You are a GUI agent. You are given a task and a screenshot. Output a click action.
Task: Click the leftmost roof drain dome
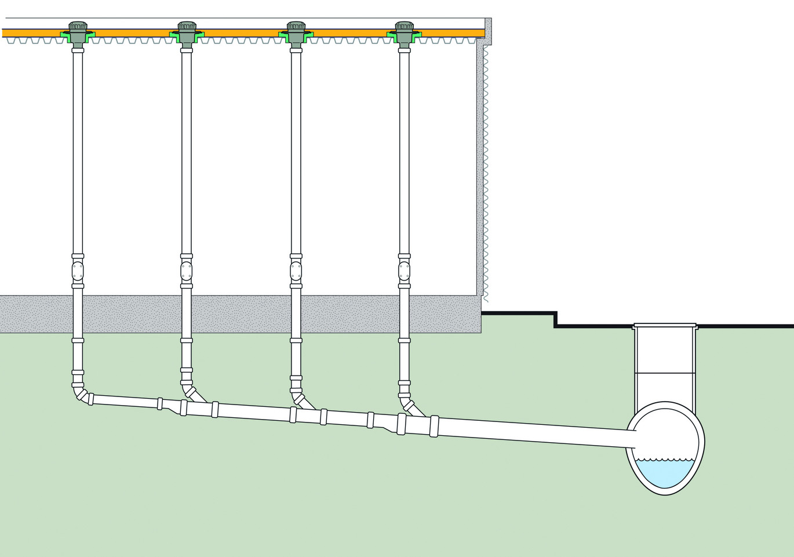point(78,27)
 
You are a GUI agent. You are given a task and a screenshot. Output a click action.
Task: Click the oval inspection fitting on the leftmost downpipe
point(78,271)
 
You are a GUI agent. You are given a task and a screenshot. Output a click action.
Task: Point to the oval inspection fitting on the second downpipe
point(186,271)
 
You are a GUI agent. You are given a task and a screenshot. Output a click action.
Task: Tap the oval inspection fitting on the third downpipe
point(296,271)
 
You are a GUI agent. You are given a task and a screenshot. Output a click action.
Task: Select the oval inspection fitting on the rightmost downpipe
point(404,271)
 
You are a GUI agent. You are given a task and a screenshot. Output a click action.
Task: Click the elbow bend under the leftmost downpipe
point(81,394)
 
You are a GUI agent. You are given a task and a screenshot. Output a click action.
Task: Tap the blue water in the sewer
point(665,472)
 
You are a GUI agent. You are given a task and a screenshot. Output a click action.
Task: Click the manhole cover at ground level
point(665,326)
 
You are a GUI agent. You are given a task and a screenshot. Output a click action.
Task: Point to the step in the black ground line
point(555,319)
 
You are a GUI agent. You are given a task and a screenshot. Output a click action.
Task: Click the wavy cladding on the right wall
point(486,174)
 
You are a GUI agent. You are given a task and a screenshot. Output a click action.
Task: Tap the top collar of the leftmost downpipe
point(78,50)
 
